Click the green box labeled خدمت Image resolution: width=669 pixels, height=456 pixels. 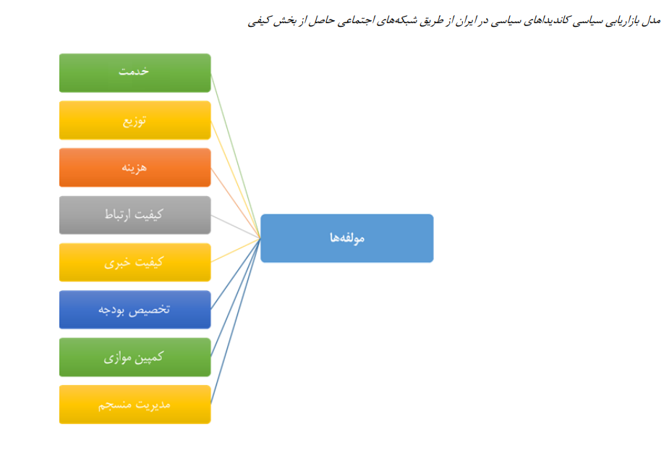coord(135,73)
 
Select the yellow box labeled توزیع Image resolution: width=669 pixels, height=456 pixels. coord(135,120)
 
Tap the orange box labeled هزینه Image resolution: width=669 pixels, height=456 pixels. coord(135,167)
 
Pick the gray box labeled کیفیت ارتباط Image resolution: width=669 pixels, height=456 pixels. coord(135,215)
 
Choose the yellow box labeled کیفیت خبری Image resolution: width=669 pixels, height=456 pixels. coord(135,263)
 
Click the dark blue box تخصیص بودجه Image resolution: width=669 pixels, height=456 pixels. coord(135,310)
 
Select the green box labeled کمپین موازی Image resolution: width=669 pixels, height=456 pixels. coord(135,358)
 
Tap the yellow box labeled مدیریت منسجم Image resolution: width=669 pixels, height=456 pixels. coord(135,405)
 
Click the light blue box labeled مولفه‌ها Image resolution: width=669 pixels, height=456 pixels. coord(347,238)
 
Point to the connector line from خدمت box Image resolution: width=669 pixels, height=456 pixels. coord(236,156)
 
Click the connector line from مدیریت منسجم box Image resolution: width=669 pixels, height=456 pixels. coord(236,321)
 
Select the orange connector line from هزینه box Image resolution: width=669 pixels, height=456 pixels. coord(236,203)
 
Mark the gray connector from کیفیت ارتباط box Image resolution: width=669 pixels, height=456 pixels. coord(236,227)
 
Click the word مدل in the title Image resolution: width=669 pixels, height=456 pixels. coord(652,20)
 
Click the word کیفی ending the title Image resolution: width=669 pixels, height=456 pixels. coord(259,21)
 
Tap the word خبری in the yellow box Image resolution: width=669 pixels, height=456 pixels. coord(116,263)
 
